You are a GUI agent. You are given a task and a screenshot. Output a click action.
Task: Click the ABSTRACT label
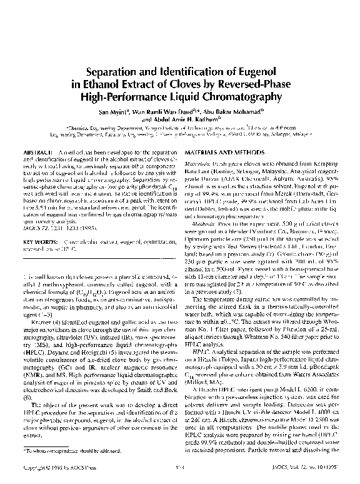pos(38,153)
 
